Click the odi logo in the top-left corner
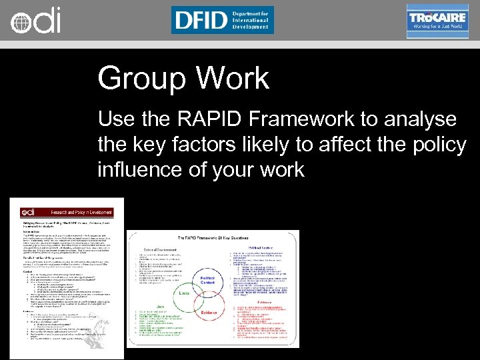[35, 20]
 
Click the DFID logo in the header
[222, 20]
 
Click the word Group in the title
[138, 78]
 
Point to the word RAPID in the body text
[215, 119]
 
